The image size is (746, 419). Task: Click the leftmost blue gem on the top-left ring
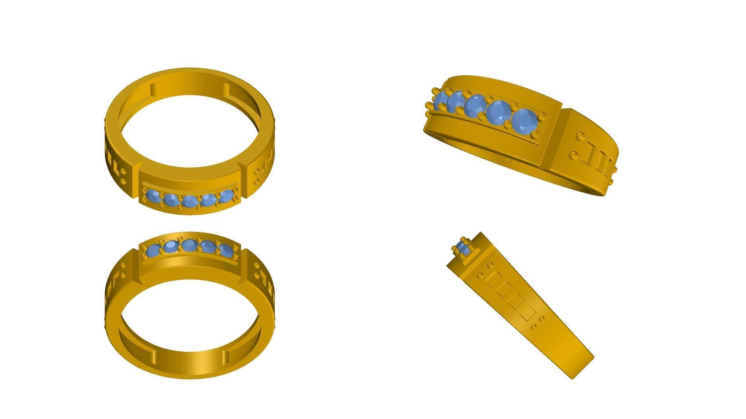pyautogui.click(x=153, y=197)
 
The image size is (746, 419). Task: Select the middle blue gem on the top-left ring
pyautogui.click(x=189, y=201)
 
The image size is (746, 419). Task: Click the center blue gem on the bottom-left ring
pyautogui.click(x=189, y=246)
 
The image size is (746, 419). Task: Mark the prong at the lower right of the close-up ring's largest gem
pyautogui.click(x=535, y=134)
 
